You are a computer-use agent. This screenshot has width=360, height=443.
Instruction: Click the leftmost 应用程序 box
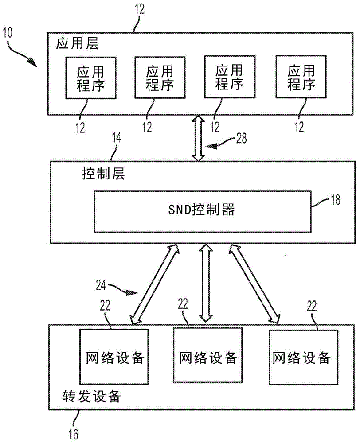[90, 78]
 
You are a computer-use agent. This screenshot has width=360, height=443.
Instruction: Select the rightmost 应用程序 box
[301, 77]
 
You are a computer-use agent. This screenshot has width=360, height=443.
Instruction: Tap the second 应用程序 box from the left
[160, 77]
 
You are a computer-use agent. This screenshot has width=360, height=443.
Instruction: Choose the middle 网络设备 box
[208, 356]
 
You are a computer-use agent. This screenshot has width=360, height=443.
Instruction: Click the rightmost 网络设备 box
[301, 357]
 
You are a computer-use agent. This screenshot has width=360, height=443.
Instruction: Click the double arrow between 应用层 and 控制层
[198, 138]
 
